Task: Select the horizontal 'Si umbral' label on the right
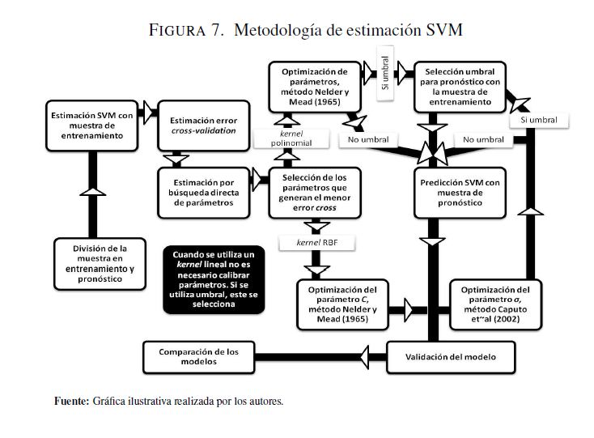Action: (x=538, y=120)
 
